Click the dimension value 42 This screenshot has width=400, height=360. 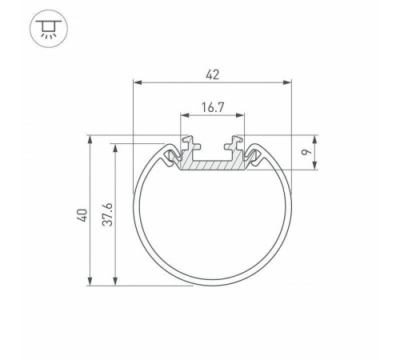212,74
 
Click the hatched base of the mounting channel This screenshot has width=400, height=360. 212,165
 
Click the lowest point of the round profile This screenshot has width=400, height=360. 212,286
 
